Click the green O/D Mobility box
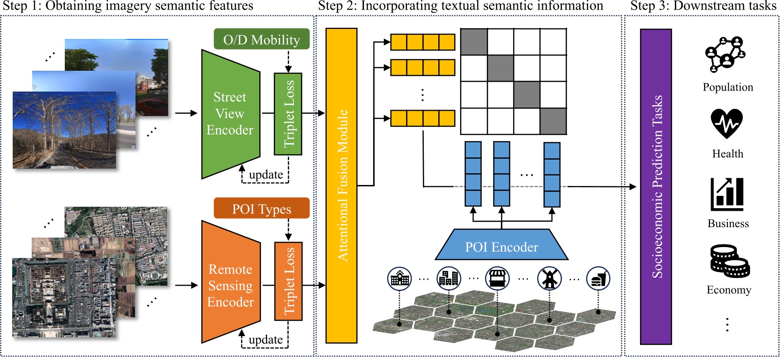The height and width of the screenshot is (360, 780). pos(262,39)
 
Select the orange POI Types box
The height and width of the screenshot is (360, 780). pos(262,209)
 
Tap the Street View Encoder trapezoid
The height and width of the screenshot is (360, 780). pos(230,113)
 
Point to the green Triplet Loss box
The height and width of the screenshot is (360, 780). pos(288,114)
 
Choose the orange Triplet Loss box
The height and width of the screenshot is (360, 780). pos(288,281)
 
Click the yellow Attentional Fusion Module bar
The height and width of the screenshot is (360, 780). pos(341,185)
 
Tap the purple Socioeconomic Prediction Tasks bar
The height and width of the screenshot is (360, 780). pos(656,186)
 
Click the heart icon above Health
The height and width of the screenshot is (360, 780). pos(727,123)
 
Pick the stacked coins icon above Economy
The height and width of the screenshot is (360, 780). pos(729,262)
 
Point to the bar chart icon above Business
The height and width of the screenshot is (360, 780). pos(727,194)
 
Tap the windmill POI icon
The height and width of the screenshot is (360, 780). pos(549,278)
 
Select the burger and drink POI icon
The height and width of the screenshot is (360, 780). pos(598,278)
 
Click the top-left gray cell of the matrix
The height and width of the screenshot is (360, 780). pos(474,42)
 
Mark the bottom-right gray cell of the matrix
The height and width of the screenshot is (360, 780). pos(553,121)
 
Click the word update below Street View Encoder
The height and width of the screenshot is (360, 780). pos(266,175)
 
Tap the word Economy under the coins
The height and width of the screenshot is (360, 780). pos(729,290)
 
